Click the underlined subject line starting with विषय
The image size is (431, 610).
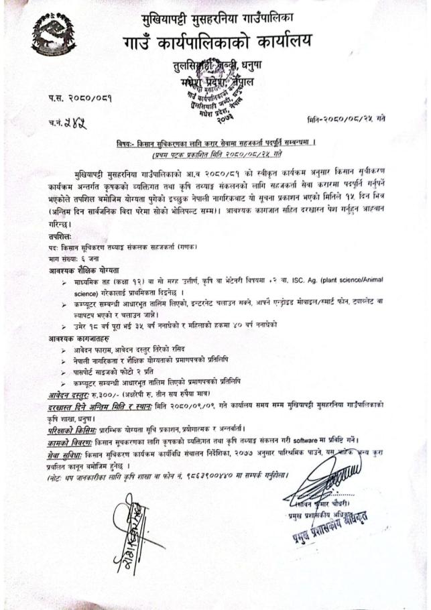click(215, 143)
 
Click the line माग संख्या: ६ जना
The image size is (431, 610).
click(82, 258)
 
